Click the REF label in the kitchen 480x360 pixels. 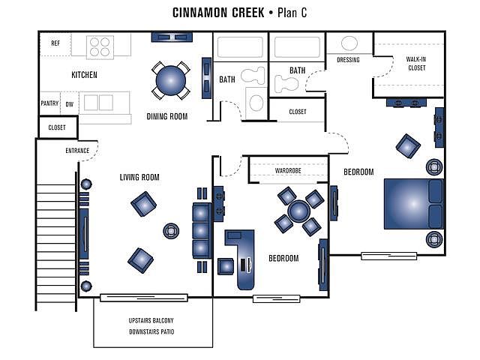pyautogui.click(x=55, y=43)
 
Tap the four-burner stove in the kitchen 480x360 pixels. pyautogui.click(x=100, y=47)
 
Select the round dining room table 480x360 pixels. pyautogui.click(x=171, y=80)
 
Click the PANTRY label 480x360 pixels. pyautogui.click(x=49, y=103)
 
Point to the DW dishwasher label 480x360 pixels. pyautogui.click(x=70, y=104)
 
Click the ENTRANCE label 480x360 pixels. pyautogui.click(x=77, y=151)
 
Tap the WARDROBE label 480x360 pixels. pyautogui.click(x=288, y=170)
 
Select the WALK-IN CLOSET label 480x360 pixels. pyautogui.click(x=416, y=63)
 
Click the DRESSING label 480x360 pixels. pyautogui.click(x=348, y=60)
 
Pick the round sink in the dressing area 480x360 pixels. pyautogui.click(x=349, y=43)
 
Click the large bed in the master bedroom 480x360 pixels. pyautogui.click(x=413, y=204)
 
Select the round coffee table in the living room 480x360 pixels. pyautogui.click(x=171, y=231)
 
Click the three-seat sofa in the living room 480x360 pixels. pyautogui.click(x=202, y=231)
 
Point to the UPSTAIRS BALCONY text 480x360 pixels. pyautogui.click(x=151, y=320)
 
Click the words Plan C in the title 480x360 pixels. pyautogui.click(x=292, y=13)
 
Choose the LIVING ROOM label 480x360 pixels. pyautogui.click(x=139, y=177)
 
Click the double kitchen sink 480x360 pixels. pyautogui.click(x=98, y=102)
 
